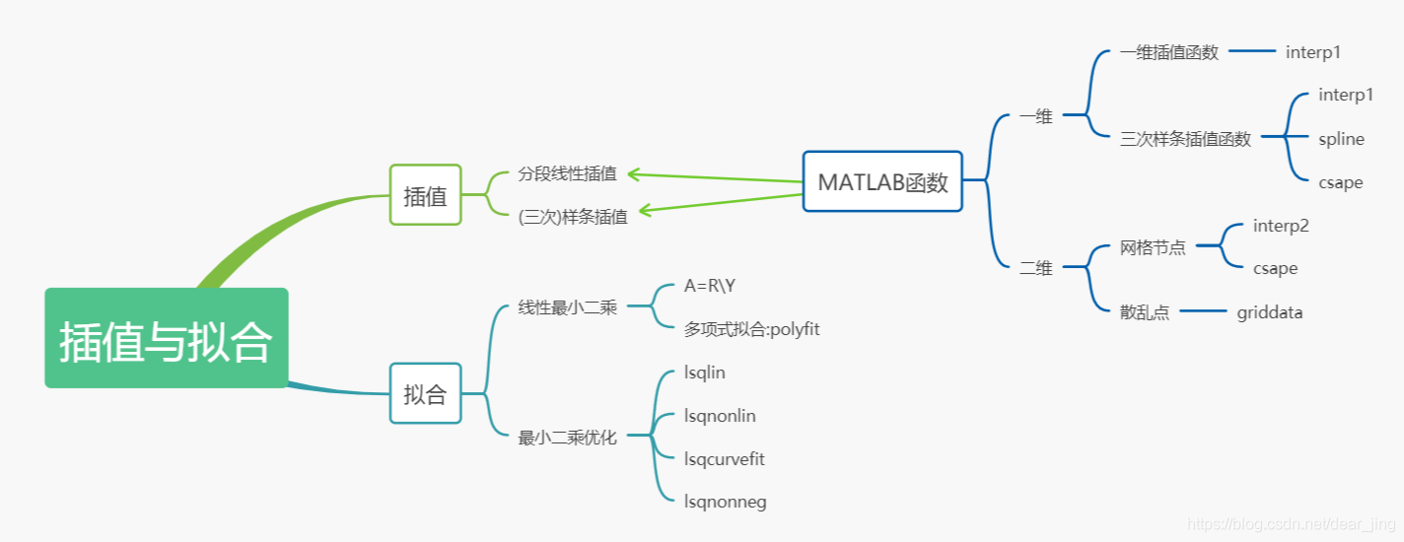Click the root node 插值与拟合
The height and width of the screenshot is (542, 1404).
pos(166,338)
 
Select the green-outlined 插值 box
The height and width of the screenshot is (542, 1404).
pos(425,195)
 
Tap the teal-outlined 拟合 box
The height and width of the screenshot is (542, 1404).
pos(425,394)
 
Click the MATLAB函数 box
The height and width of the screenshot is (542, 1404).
pos(882,181)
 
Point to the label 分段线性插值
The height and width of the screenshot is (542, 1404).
pos(567,173)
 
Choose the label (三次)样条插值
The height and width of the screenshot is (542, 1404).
pos(573,217)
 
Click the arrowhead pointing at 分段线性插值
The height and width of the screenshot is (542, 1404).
pos(632,174)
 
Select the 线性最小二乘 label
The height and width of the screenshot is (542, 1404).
pos(567,307)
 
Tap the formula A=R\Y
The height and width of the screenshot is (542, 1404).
pos(710,286)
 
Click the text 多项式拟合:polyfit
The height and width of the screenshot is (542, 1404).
pos(751,329)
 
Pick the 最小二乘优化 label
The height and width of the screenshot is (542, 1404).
pos(567,438)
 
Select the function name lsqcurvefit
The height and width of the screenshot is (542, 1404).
pos(724,459)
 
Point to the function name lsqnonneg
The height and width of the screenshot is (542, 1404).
pos(725,503)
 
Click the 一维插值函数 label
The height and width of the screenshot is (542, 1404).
pos(1169,52)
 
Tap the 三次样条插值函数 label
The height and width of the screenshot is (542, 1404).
pos(1185,139)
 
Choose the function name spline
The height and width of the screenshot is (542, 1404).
pos(1341,139)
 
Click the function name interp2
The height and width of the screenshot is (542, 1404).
pos(1281,226)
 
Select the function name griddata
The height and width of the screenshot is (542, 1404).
pos(1270,312)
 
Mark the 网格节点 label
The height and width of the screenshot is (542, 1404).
pos(1153,247)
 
